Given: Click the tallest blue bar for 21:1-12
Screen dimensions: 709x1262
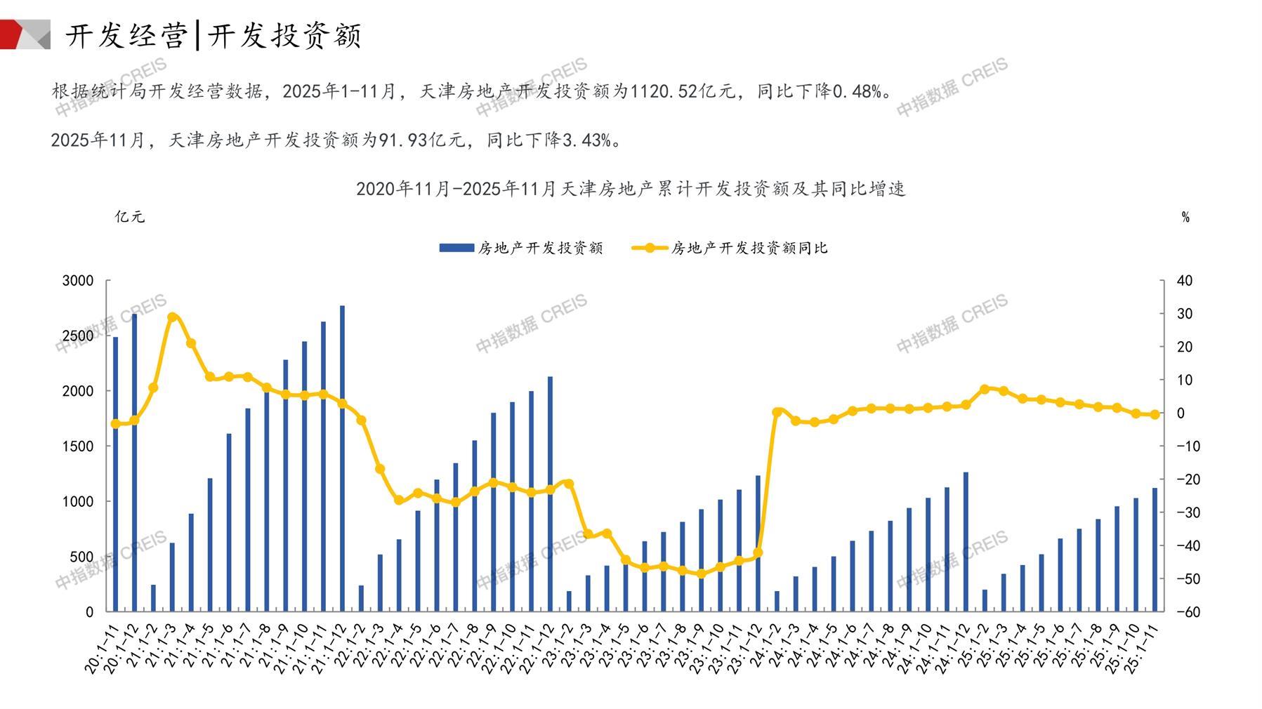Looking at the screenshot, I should pos(342,458).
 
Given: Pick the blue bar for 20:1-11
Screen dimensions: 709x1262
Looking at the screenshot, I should pos(115,474).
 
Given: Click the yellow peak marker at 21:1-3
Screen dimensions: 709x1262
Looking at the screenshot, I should pos(173,317).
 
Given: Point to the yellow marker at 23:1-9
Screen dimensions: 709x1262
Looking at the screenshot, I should pos(701,574).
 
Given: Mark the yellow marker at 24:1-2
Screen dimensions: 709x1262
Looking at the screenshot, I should pos(777,412).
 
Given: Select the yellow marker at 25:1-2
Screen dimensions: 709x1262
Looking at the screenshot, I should pos(984,389).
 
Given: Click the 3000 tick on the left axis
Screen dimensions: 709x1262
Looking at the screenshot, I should pos(78,281).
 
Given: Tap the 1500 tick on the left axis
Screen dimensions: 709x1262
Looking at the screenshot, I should pos(78,446).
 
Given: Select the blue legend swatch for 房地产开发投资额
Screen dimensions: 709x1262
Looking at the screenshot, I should pos(456,248).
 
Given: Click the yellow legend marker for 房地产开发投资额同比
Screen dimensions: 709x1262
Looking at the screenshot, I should pos(650,248).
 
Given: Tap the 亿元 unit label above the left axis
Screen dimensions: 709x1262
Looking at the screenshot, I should pos(130,217).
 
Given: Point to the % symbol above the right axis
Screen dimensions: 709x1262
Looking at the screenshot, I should pos(1185,218).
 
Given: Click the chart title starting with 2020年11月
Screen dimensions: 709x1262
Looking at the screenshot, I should pos(631,189).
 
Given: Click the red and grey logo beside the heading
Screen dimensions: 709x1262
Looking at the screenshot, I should pos(25,34).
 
